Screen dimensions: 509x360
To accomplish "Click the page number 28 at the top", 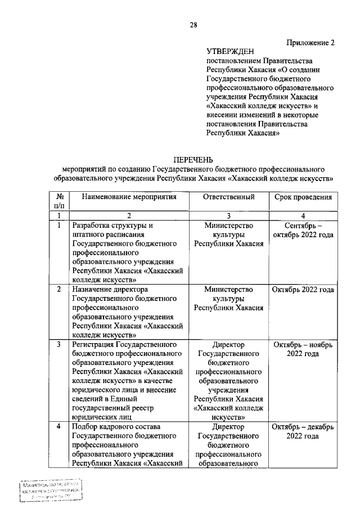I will click(x=193, y=24).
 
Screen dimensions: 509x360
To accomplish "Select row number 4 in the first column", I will click(x=58, y=427).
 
